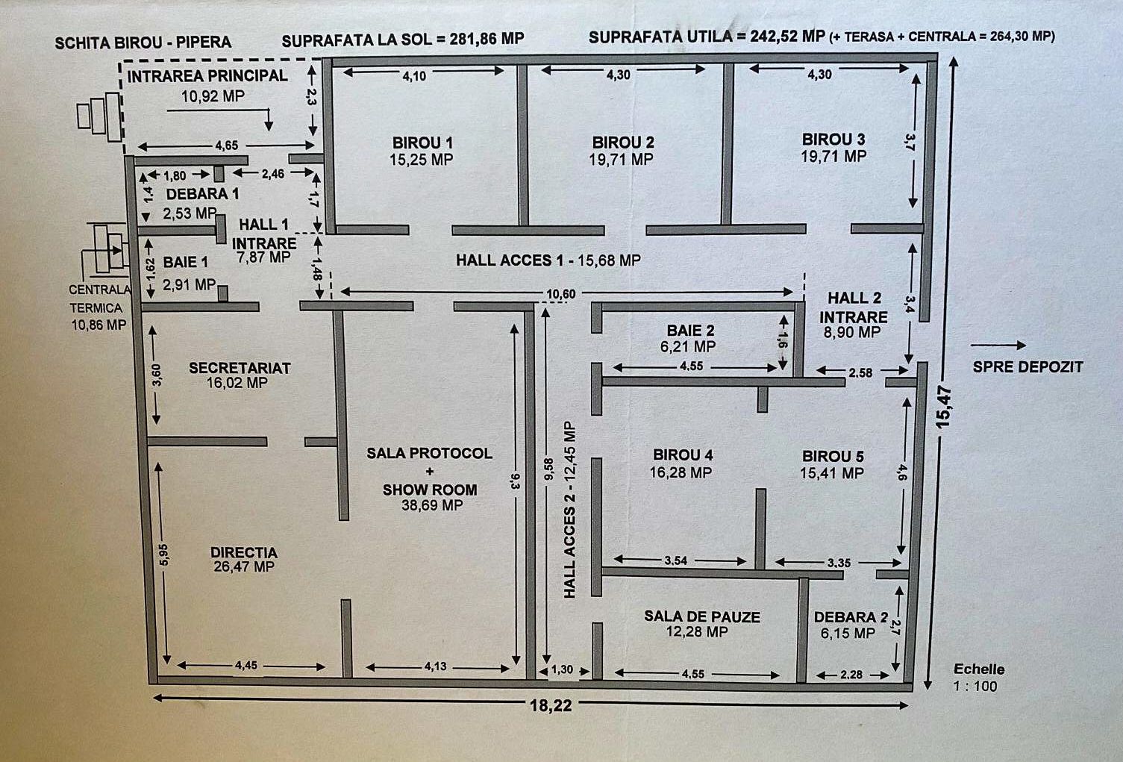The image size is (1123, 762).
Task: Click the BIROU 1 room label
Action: (422, 143)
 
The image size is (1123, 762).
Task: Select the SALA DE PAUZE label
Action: (702, 617)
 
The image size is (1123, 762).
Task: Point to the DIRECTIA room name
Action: (244, 553)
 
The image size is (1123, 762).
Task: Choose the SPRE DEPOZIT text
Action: (1027, 366)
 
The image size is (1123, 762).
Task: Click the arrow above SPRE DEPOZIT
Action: (998, 345)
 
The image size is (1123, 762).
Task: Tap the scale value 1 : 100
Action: (975, 687)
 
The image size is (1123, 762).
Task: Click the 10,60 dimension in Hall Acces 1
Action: (560, 294)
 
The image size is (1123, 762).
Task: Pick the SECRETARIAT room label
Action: (240, 368)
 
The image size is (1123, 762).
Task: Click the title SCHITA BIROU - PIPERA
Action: (143, 42)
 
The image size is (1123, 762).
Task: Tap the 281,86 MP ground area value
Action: (487, 39)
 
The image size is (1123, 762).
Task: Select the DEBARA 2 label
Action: (851, 617)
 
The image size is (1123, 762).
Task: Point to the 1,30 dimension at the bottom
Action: (561, 669)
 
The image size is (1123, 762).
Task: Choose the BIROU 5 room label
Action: (833, 456)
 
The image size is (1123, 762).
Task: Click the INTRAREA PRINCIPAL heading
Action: (207, 76)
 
